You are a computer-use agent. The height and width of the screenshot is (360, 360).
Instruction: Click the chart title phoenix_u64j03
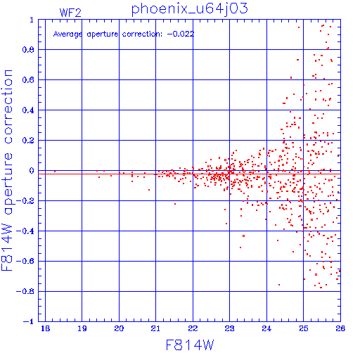189,9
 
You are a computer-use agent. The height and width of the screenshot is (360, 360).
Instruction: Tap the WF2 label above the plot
70,13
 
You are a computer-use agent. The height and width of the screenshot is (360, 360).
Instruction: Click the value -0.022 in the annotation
181,34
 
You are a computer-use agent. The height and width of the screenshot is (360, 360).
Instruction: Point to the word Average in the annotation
67,34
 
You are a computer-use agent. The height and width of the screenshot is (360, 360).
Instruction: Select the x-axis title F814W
190,345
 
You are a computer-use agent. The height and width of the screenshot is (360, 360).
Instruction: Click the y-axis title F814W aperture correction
7,170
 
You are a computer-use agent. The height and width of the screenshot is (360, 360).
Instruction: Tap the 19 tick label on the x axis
82,328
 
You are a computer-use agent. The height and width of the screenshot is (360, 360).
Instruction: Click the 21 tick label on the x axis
155,328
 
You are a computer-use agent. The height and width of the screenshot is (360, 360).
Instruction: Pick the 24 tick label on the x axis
266,328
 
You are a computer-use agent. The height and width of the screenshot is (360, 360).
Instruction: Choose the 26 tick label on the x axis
340,328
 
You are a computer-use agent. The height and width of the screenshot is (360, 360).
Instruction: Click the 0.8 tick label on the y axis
28,50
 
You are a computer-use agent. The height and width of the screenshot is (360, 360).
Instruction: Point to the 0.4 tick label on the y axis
28,110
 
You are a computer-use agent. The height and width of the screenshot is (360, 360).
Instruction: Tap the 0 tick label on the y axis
32,171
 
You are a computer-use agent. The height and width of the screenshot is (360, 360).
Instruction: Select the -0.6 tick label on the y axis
25,261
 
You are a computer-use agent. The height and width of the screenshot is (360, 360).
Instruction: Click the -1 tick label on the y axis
29,321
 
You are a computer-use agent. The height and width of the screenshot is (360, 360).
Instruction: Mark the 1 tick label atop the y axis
32,20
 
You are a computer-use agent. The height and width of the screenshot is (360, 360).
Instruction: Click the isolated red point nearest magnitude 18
55,172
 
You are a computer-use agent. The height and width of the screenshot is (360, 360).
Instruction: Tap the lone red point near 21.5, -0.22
175,204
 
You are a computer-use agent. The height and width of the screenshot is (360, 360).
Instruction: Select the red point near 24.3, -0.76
279,285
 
